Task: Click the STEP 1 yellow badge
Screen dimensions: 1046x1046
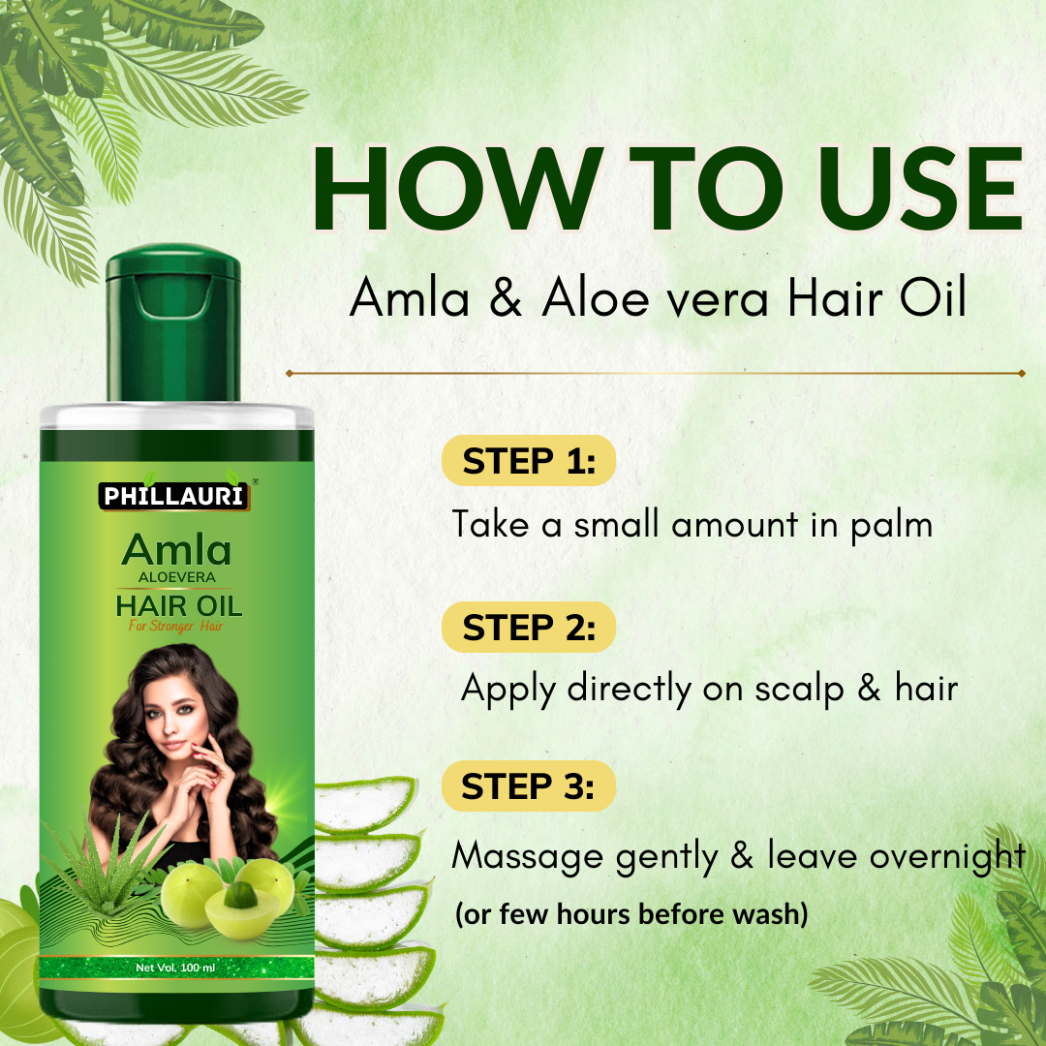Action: coord(528,461)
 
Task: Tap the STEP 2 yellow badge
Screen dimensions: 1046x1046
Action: coord(528,628)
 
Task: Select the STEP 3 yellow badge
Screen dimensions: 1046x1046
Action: coord(528,786)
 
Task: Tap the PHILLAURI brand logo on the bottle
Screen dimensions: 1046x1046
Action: coord(175,497)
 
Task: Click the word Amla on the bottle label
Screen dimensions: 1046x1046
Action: coord(176,550)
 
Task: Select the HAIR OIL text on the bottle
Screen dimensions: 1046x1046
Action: coord(178,607)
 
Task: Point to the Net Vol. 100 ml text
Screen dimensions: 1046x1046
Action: coord(175,968)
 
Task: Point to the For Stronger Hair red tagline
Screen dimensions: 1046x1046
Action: coord(176,627)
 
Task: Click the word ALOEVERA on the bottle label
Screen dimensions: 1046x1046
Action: coord(176,578)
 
